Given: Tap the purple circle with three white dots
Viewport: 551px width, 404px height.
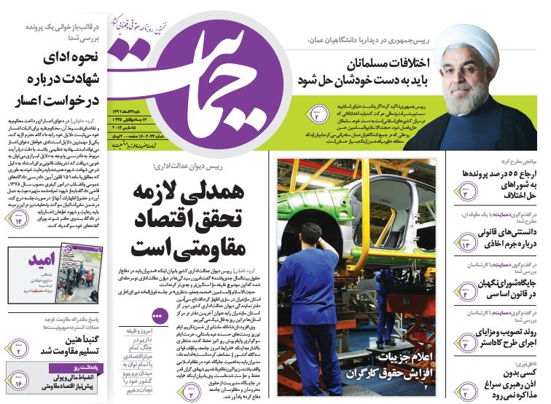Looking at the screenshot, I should coord(156,317).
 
